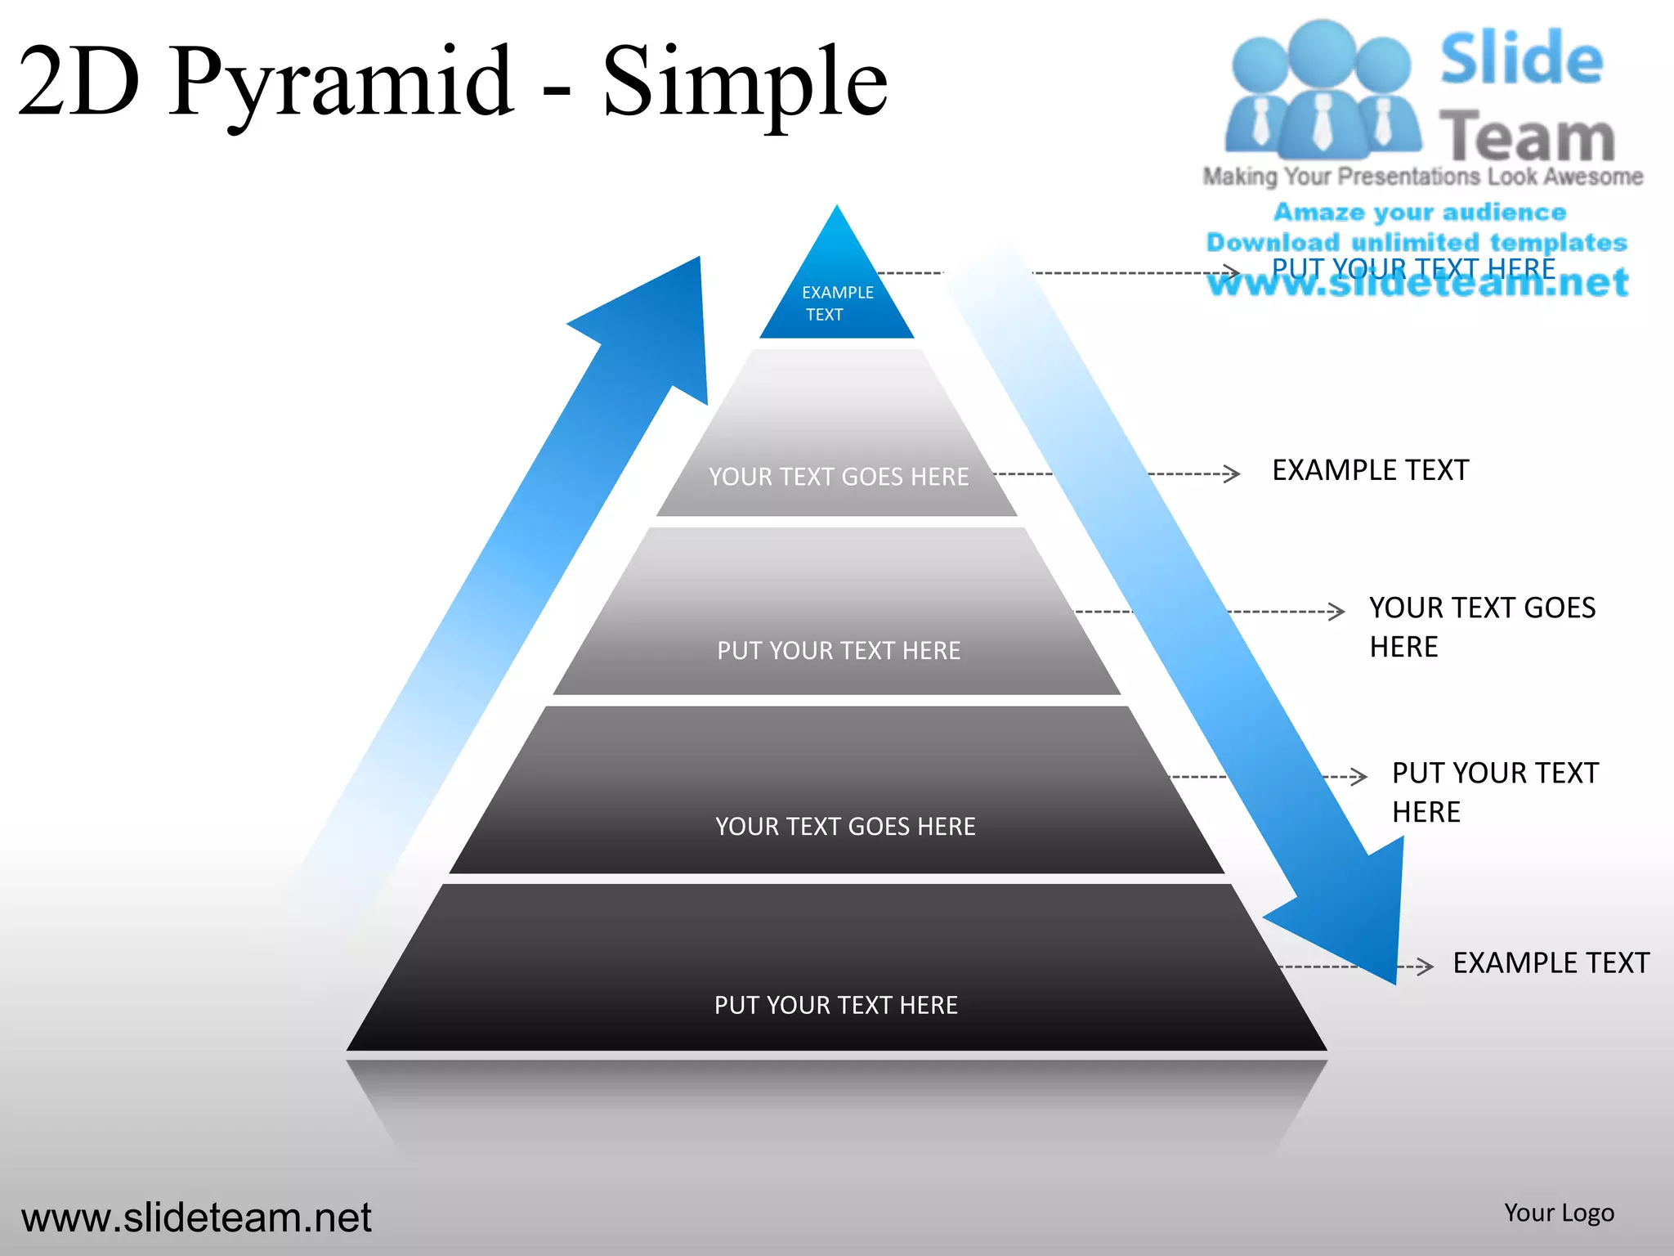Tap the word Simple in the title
745,82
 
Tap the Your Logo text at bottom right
1559,1213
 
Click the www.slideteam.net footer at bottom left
196,1218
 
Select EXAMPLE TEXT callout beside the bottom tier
1551,962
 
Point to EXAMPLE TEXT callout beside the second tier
1370,470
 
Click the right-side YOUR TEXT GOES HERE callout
1481,626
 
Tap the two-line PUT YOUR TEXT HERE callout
1494,792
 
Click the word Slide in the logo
1521,59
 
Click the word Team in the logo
1526,136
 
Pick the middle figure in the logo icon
1322,90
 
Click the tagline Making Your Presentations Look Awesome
1422,177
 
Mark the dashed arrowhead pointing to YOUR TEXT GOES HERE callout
1336,611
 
